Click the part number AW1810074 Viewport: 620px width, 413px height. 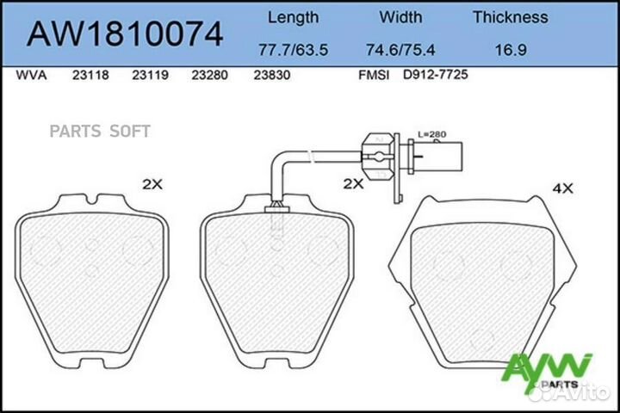[127, 34]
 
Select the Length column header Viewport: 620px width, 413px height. [293, 17]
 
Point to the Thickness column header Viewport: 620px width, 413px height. [510, 17]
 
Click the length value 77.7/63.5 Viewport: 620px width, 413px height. [293, 49]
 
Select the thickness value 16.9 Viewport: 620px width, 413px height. [510, 49]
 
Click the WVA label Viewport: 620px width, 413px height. [32, 76]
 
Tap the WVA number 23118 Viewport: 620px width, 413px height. [90, 76]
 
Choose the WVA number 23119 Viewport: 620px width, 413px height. [149, 76]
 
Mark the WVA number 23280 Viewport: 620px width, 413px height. [210, 76]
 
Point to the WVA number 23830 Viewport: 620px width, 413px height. [270, 76]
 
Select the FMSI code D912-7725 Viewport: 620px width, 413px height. [435, 76]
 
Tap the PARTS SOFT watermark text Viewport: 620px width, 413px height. [99, 132]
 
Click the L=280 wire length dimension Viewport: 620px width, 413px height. [430, 135]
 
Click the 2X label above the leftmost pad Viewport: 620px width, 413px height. [152, 183]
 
